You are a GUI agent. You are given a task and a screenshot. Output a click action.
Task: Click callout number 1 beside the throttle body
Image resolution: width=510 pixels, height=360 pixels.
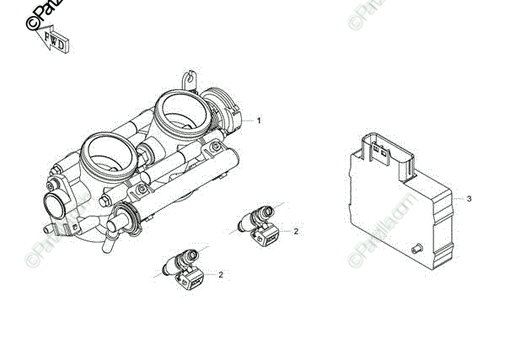tap(259, 121)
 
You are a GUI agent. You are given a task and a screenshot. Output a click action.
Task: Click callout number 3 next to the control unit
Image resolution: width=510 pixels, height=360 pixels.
tap(469, 199)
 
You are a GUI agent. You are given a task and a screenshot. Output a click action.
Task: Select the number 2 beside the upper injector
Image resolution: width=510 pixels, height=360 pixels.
tap(296, 230)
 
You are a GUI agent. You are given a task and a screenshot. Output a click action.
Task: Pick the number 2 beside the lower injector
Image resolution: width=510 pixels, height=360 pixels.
tap(221, 274)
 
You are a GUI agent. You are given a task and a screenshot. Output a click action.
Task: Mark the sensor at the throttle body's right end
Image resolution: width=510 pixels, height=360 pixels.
tap(232, 118)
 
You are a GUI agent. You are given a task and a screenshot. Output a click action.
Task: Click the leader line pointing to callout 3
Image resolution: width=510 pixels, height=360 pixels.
tap(451, 198)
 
